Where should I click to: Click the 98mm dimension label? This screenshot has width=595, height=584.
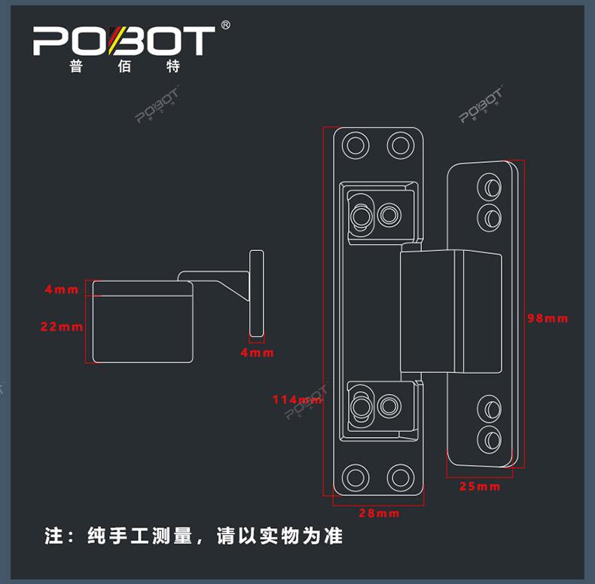click(547, 318)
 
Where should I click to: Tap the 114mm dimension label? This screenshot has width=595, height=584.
click(295, 399)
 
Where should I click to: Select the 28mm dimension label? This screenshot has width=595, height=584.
click(379, 513)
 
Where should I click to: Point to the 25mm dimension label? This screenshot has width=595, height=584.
click(480, 486)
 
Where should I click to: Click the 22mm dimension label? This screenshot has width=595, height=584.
click(62, 326)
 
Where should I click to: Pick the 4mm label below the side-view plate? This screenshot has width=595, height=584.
click(258, 352)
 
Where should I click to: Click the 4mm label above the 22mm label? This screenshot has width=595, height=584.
click(62, 289)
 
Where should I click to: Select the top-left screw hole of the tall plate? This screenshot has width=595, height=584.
click(356, 144)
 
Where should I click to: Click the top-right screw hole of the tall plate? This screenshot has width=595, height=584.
click(401, 144)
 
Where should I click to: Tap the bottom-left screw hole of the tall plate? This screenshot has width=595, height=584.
click(356, 477)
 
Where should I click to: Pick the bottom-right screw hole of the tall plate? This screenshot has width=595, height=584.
click(401, 477)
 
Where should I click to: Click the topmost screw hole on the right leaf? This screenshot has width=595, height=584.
click(490, 185)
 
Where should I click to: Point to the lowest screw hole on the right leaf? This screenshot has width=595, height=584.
click(490, 436)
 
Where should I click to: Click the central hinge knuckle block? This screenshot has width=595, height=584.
click(450, 311)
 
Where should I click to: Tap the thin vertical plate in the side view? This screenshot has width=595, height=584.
click(257, 294)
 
